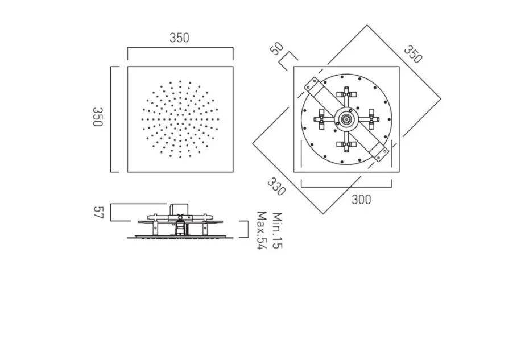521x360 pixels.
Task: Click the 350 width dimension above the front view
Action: tap(179, 38)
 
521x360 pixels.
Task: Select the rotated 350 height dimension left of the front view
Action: tap(97, 117)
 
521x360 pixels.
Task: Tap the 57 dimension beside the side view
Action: tap(98, 213)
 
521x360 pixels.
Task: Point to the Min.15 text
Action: tap(277, 230)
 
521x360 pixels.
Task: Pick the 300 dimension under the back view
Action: tap(361, 199)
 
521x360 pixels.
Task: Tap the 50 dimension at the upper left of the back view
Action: tap(276, 48)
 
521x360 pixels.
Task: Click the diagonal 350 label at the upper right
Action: tap(414, 54)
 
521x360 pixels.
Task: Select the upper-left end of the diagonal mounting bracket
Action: tap(312, 85)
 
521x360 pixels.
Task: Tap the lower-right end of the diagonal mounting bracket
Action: tap(380, 152)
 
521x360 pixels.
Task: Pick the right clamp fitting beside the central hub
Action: tap(371, 119)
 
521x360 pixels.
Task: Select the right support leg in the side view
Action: tap(204, 227)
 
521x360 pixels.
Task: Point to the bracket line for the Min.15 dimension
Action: tap(247, 229)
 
